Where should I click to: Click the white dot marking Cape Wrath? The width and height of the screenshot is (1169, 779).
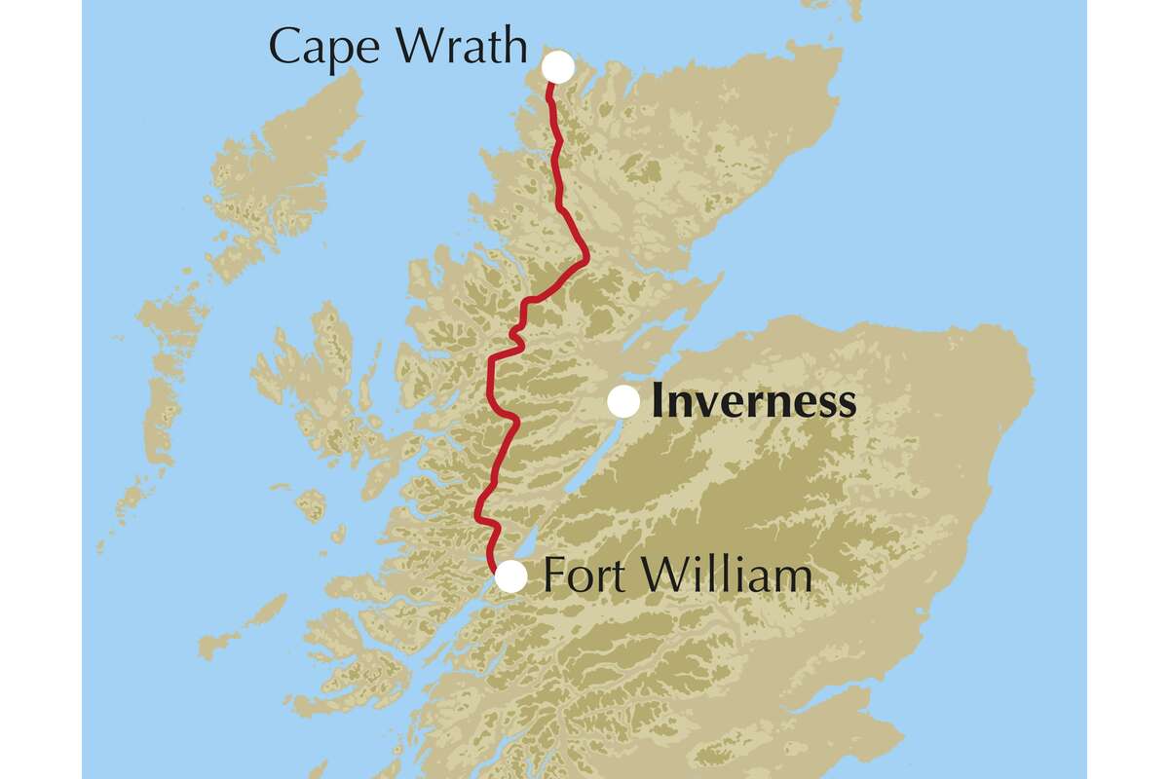coord(558,67)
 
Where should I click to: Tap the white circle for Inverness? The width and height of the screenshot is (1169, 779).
coord(623,401)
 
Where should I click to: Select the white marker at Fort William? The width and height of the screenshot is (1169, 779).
coord(511,576)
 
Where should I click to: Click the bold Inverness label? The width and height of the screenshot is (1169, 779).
coord(753,401)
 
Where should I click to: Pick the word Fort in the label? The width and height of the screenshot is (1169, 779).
coord(582,575)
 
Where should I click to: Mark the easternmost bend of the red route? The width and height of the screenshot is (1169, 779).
coord(587,259)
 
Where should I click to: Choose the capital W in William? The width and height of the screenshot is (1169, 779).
coord(662,575)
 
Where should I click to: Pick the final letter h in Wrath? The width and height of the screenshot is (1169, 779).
coord(513,46)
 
